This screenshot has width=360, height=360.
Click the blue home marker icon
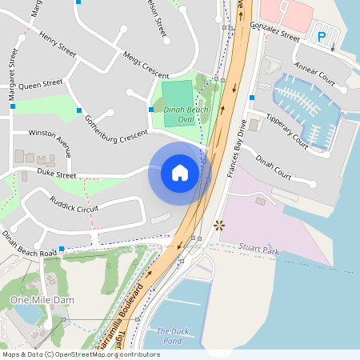[x=179, y=172]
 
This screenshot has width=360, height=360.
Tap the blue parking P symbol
[x=322, y=36]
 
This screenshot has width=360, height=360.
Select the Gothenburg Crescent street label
[x=116, y=129]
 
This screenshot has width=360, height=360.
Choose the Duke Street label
[x=57, y=174]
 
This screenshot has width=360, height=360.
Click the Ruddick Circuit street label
[x=74, y=204]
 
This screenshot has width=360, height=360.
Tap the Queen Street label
[x=40, y=83]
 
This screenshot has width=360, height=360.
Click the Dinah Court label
[x=273, y=166]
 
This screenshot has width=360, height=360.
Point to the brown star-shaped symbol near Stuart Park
[x=219, y=226]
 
